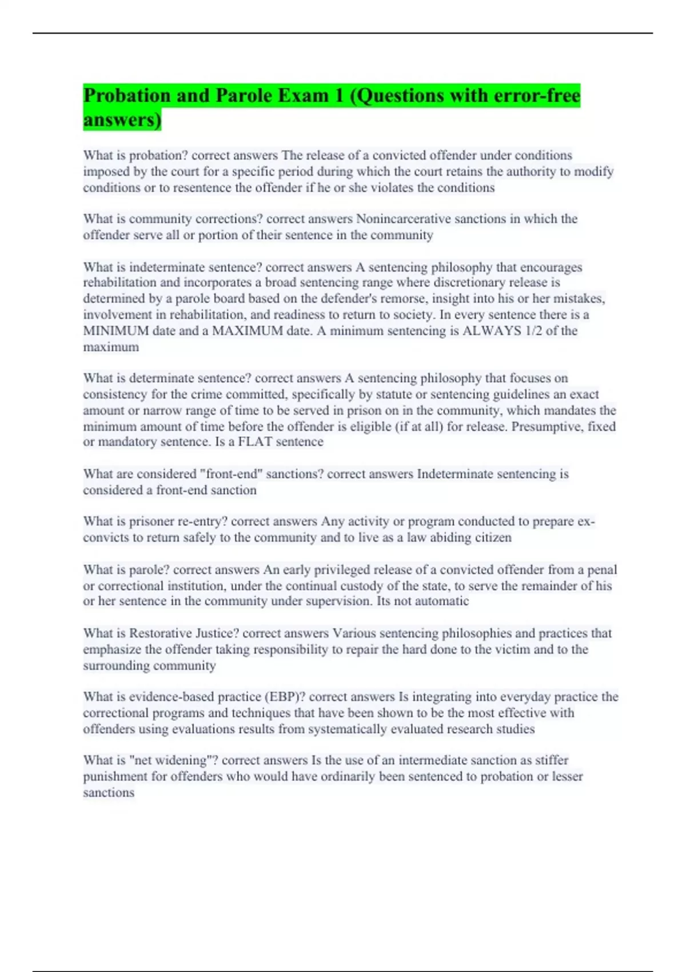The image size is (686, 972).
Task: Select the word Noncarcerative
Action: point(404,219)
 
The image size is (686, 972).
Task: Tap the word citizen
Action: point(496,538)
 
